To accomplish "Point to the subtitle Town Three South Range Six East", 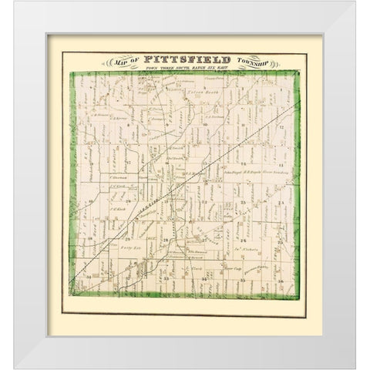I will pos(181,69).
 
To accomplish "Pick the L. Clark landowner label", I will pos(193,268).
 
